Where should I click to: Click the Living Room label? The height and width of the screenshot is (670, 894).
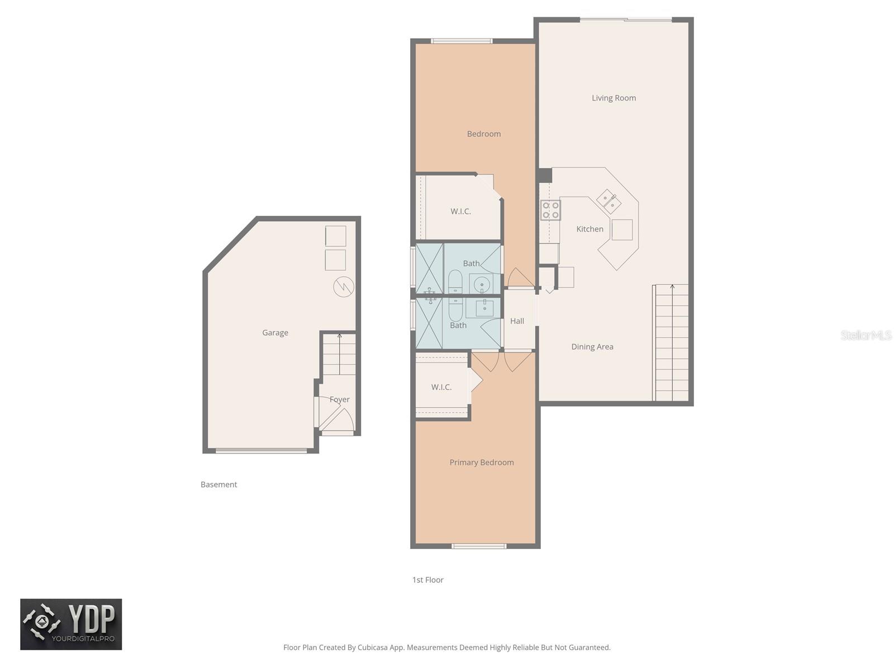[x=614, y=98]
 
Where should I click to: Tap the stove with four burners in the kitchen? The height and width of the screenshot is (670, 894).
[x=550, y=210]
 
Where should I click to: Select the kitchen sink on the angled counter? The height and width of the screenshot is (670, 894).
[x=608, y=201]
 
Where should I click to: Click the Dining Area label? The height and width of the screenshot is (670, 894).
[x=592, y=347]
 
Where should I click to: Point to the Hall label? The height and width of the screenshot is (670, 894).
[x=517, y=321]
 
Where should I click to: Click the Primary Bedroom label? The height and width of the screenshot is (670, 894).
[x=481, y=462]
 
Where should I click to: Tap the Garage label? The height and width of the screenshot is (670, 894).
[x=275, y=333]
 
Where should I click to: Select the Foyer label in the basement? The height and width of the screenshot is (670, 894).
[x=339, y=399]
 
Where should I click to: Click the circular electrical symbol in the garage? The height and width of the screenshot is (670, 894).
[x=344, y=287]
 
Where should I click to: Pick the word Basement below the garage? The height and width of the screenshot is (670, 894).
[x=218, y=485]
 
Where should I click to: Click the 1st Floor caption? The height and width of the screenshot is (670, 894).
[x=427, y=580]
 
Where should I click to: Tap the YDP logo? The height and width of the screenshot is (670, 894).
[x=71, y=624]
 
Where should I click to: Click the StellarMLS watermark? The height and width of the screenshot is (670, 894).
[x=866, y=335]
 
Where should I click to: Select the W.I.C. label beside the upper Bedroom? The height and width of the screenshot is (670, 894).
[x=460, y=212]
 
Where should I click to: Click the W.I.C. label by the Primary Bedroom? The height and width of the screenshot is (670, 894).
[x=441, y=387]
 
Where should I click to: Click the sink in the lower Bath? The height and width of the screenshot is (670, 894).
[x=484, y=308]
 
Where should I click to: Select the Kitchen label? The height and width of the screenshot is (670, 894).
[x=589, y=229]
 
